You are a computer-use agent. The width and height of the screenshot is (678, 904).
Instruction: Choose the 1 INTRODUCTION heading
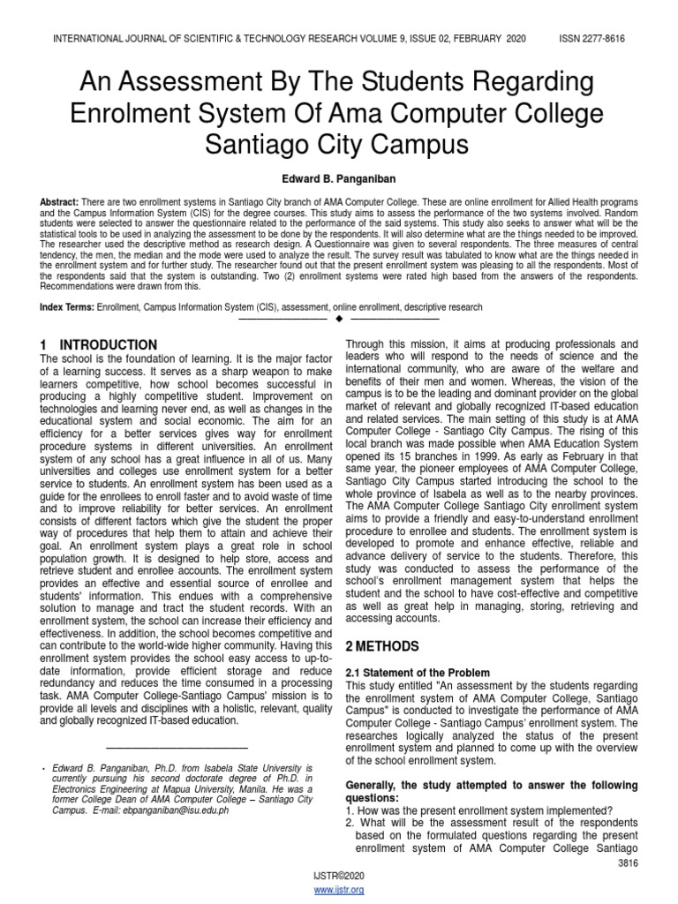[x=100, y=344]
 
